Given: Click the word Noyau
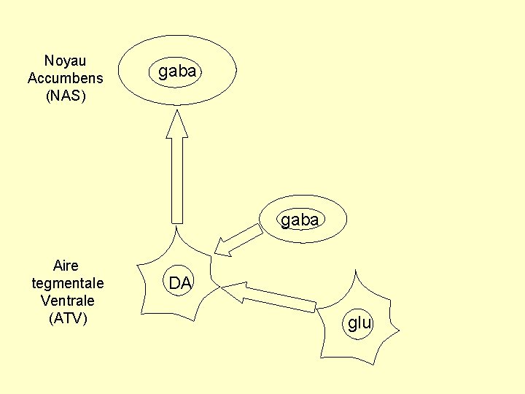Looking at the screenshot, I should coord(65,61).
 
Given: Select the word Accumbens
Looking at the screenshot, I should coord(65,78).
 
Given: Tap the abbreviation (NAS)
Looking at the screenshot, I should coord(65,96).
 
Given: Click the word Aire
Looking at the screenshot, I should coord(66,265).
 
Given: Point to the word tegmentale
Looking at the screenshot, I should coord(68,282).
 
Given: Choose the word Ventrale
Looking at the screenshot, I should coord(68,300).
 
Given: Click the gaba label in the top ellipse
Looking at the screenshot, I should coord(177,72).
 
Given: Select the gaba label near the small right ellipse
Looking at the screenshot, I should coord(299,219).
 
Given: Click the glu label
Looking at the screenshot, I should coord(359,322).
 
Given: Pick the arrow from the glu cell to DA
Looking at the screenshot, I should coord(277,298).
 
